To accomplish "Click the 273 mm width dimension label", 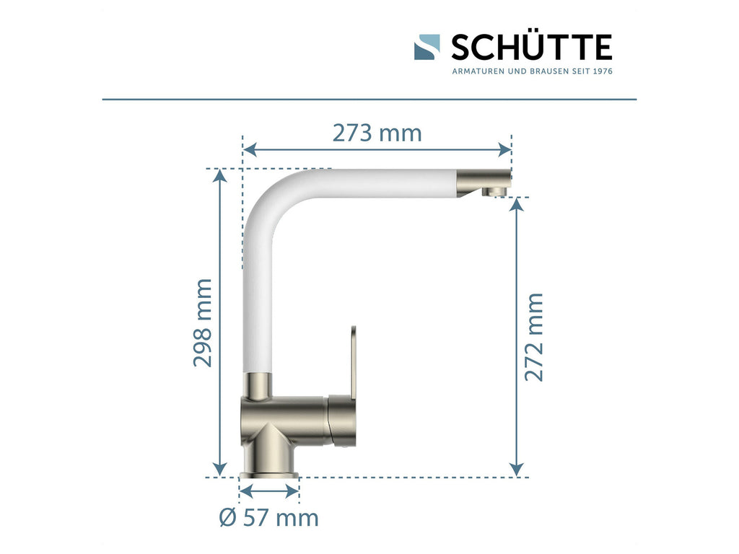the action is pos(377,133).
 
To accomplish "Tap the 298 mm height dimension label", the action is pos(203,322).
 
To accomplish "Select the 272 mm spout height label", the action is pos(534,337).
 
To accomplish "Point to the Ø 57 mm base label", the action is pos(269,518).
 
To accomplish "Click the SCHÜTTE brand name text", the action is pos(532,47).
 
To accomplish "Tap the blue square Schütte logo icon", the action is pos(427,47).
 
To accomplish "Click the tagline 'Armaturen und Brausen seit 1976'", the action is pos(532,71).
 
